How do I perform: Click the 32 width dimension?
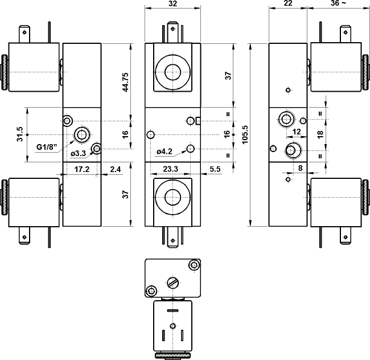click(x=172, y=4)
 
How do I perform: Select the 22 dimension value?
click(x=288, y=4)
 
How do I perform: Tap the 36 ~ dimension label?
click(x=338, y=4)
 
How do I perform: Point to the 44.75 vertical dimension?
click(x=126, y=82)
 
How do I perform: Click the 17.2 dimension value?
click(x=83, y=169)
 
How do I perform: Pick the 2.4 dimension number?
click(x=115, y=169)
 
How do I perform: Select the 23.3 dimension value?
click(x=169, y=169)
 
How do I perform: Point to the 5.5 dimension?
click(x=215, y=169)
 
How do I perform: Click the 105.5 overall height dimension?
click(x=245, y=134)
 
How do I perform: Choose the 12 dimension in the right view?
click(x=297, y=132)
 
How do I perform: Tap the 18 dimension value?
click(x=320, y=134)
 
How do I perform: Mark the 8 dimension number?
click(x=299, y=168)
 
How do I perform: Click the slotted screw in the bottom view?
click(x=172, y=281)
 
